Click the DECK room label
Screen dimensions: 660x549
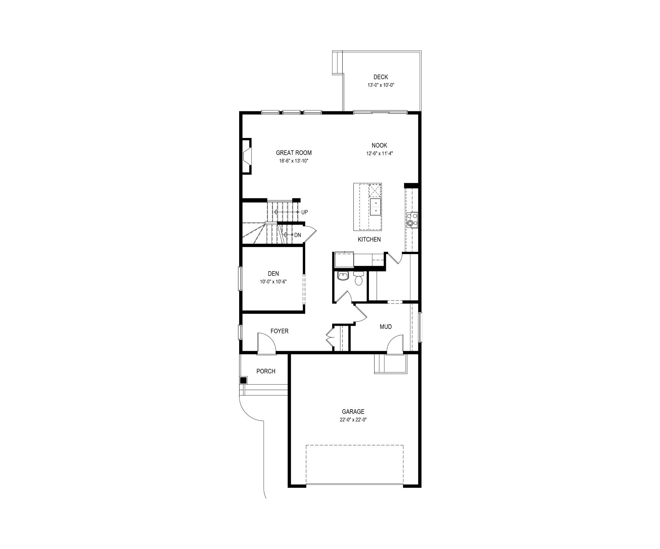pyautogui.click(x=380, y=77)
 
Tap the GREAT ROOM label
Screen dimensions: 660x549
pyautogui.click(x=294, y=153)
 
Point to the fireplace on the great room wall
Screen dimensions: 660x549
pyautogui.click(x=247, y=156)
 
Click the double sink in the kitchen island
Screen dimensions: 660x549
pyautogui.click(x=375, y=207)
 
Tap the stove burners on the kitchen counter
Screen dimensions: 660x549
pyautogui.click(x=412, y=219)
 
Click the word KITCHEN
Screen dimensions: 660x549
pyautogui.click(x=369, y=240)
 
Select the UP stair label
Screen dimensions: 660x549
pyautogui.click(x=304, y=212)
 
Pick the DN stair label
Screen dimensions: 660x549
pyautogui.click(x=297, y=235)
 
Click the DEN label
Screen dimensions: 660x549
pyautogui.click(x=273, y=274)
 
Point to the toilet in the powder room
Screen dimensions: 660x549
pyautogui.click(x=359, y=278)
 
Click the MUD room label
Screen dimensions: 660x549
pyautogui.click(x=386, y=327)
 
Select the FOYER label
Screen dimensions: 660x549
pyautogui.click(x=279, y=331)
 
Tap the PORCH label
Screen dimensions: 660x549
pyautogui.click(x=266, y=371)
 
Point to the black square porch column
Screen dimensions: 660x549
pyautogui.click(x=244, y=380)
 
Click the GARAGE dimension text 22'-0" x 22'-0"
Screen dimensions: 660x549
pyautogui.click(x=353, y=420)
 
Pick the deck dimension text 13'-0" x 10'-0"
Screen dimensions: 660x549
pyautogui.click(x=380, y=85)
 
